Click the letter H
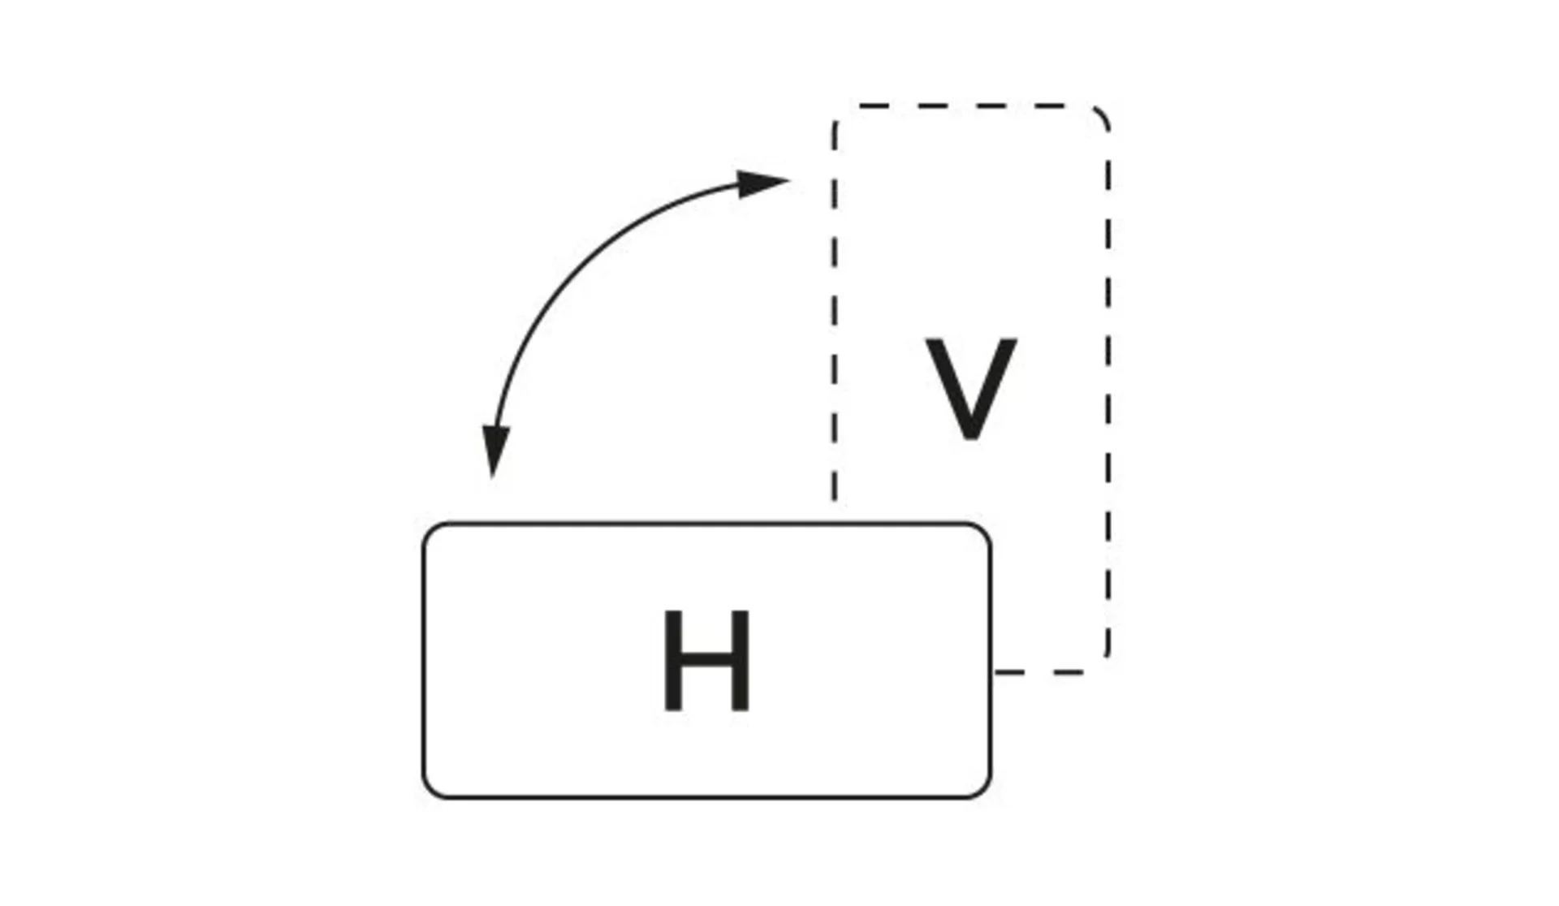(x=706, y=661)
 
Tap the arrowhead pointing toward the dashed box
(x=763, y=183)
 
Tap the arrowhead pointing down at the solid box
(x=494, y=451)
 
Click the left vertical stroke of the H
(x=672, y=661)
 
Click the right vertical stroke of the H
(x=741, y=661)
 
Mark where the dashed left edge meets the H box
(x=834, y=520)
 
